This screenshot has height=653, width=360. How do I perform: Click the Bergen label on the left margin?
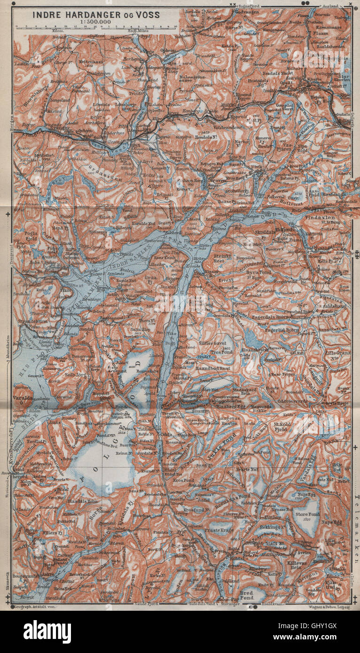click(7, 124)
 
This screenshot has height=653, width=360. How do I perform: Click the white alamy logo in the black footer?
click(47, 631)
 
